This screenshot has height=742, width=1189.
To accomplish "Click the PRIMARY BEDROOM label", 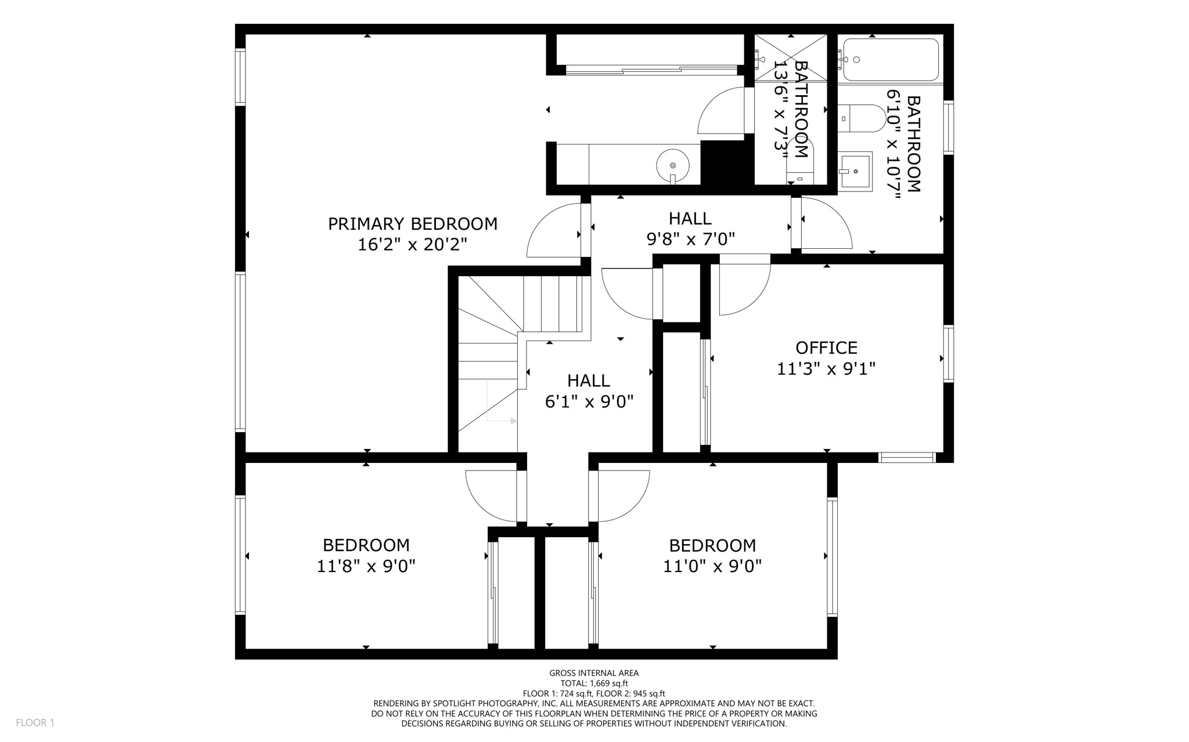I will tap(412, 224).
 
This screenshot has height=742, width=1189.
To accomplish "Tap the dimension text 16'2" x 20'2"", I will tap(412, 244).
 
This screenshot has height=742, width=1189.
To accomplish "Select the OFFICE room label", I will tap(826, 348).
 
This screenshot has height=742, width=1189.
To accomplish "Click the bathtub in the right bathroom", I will tap(890, 60).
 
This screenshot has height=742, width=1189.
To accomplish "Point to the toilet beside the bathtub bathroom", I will tap(862, 118).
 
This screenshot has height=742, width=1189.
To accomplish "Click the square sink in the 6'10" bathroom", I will tap(855, 171).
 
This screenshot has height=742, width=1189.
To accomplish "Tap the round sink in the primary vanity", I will tap(673, 165).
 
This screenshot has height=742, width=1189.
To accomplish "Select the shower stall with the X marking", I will tap(791, 58).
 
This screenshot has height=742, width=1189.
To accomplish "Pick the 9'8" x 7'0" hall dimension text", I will tap(690, 239).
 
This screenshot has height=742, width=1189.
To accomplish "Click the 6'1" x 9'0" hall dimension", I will tap(589, 401).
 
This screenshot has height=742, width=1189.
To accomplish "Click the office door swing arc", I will tap(743, 290).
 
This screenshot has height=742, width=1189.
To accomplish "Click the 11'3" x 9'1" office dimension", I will tap(826, 368).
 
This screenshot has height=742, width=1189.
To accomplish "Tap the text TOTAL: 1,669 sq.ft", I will tap(594, 683).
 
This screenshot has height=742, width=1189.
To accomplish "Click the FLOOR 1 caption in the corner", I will tap(35, 722).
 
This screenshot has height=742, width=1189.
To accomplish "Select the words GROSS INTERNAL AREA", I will tap(594, 673).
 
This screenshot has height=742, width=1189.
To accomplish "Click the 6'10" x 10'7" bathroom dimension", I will tap(893, 144).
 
